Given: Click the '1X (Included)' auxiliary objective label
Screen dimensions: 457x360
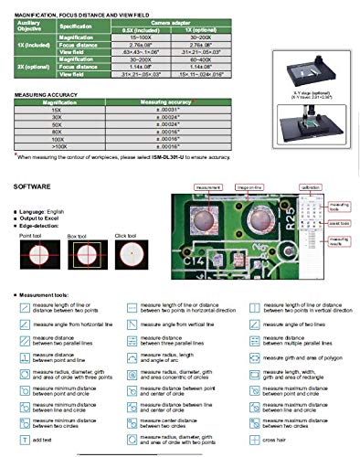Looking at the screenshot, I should (x=31, y=44).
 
